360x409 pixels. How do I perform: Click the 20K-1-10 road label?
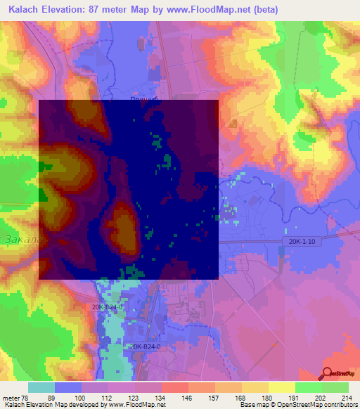click(x=304, y=241)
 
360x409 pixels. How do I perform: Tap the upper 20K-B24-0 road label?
click(x=108, y=307)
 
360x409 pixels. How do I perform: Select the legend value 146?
click(x=188, y=397)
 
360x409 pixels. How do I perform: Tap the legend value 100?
click(x=81, y=397)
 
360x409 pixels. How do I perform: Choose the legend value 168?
click(x=240, y=397)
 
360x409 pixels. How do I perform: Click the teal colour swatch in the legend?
click(x=41, y=387)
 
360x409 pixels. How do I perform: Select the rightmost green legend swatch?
click(x=335, y=387)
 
